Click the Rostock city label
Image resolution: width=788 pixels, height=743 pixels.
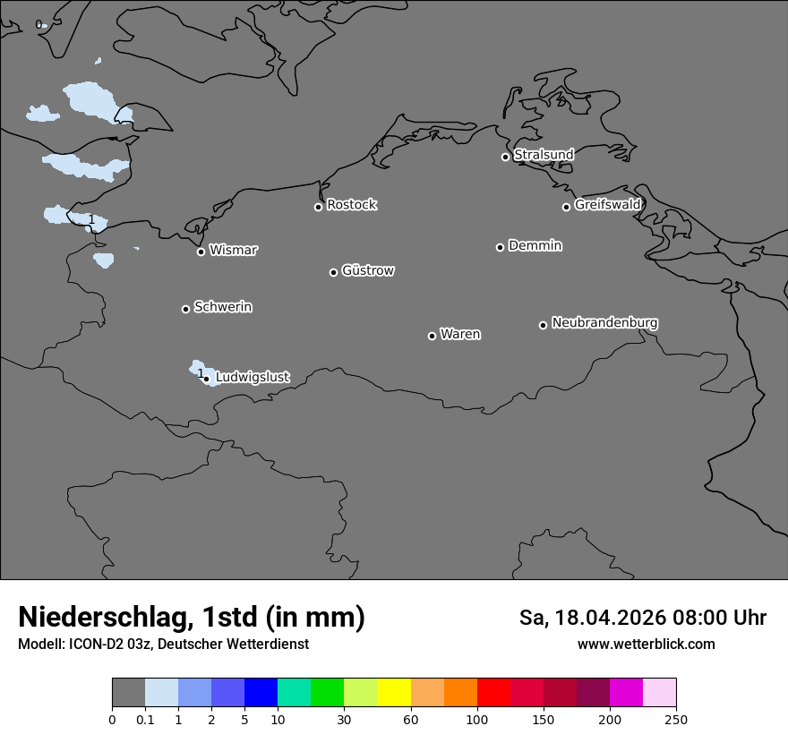click(x=351, y=205)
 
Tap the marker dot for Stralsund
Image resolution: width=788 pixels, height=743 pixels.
click(x=505, y=157)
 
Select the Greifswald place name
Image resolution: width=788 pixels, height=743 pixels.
click(x=607, y=205)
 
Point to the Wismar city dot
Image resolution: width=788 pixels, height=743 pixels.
click(x=201, y=252)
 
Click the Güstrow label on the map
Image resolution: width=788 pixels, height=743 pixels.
click(x=367, y=270)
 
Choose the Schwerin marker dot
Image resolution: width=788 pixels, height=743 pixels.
click(x=185, y=309)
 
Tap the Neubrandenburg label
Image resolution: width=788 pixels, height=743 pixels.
click(x=604, y=322)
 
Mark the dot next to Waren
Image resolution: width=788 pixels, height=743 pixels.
click(x=432, y=336)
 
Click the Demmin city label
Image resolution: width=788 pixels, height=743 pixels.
click(x=535, y=245)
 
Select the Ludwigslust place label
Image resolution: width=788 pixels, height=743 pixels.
click(x=252, y=378)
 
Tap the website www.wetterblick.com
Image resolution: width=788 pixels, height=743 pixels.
click(x=646, y=645)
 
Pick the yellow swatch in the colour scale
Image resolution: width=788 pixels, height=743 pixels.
click(x=394, y=693)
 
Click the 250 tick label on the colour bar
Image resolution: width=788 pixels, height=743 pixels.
click(x=676, y=719)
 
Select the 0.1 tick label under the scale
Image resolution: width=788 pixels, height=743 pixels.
click(x=145, y=719)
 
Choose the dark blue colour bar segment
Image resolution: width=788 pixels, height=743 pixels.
click(x=261, y=693)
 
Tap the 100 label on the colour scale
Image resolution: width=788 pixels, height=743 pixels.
click(x=477, y=719)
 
